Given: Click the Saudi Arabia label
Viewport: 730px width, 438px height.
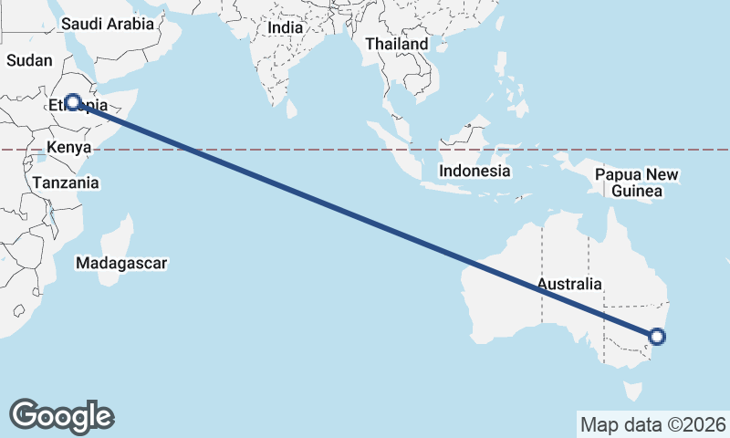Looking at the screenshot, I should [108, 25].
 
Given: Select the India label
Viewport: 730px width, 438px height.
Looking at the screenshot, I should [285, 28].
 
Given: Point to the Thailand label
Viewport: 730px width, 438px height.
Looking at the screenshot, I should [396, 44].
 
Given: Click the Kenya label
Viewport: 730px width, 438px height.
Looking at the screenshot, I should [68, 148].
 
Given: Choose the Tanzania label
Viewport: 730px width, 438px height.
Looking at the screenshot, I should [66, 182].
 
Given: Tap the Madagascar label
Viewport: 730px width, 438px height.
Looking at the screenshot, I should [123, 263].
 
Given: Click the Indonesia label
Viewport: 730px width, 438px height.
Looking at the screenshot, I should [474, 172].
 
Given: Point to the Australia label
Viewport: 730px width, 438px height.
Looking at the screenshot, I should [569, 284].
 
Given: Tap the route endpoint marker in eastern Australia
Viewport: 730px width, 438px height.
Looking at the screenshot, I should [657, 337].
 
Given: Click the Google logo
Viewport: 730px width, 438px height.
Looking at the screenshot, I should [61, 415].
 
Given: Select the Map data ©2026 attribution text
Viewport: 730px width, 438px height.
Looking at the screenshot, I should [653, 424].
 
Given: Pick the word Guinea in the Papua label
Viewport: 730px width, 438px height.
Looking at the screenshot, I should [638, 192].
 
